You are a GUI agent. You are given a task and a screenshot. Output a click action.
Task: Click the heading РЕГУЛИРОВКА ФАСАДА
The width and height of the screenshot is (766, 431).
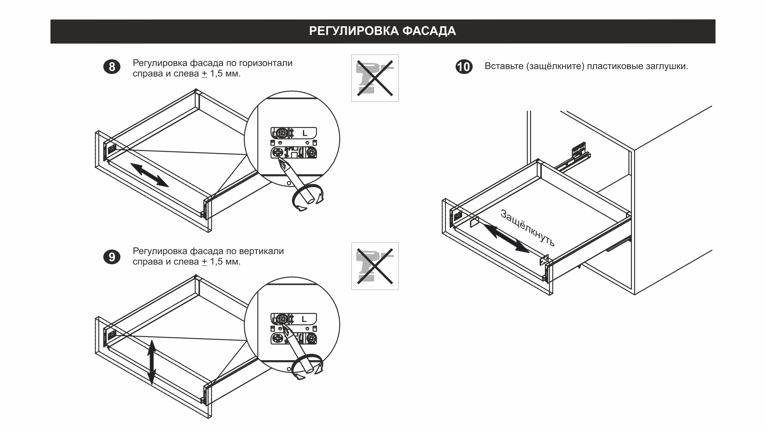(382, 31)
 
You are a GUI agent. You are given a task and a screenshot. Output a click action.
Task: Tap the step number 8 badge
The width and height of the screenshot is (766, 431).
(112, 67)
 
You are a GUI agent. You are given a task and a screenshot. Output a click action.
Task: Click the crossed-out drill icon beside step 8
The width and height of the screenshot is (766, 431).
(375, 78)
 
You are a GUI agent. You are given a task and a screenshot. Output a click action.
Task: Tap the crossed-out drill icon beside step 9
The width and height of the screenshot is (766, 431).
(375, 266)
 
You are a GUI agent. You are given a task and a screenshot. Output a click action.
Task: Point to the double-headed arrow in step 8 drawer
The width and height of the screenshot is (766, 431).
(149, 175)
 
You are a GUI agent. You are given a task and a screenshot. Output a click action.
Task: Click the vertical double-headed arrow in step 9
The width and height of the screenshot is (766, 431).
(152, 362)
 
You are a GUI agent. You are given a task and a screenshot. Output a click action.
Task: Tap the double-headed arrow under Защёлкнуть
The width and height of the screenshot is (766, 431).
(506, 238)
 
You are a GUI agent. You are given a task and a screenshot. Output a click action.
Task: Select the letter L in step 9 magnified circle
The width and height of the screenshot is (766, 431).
(305, 319)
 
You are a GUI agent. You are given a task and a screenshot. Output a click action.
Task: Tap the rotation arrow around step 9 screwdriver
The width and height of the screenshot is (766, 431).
(307, 366)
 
